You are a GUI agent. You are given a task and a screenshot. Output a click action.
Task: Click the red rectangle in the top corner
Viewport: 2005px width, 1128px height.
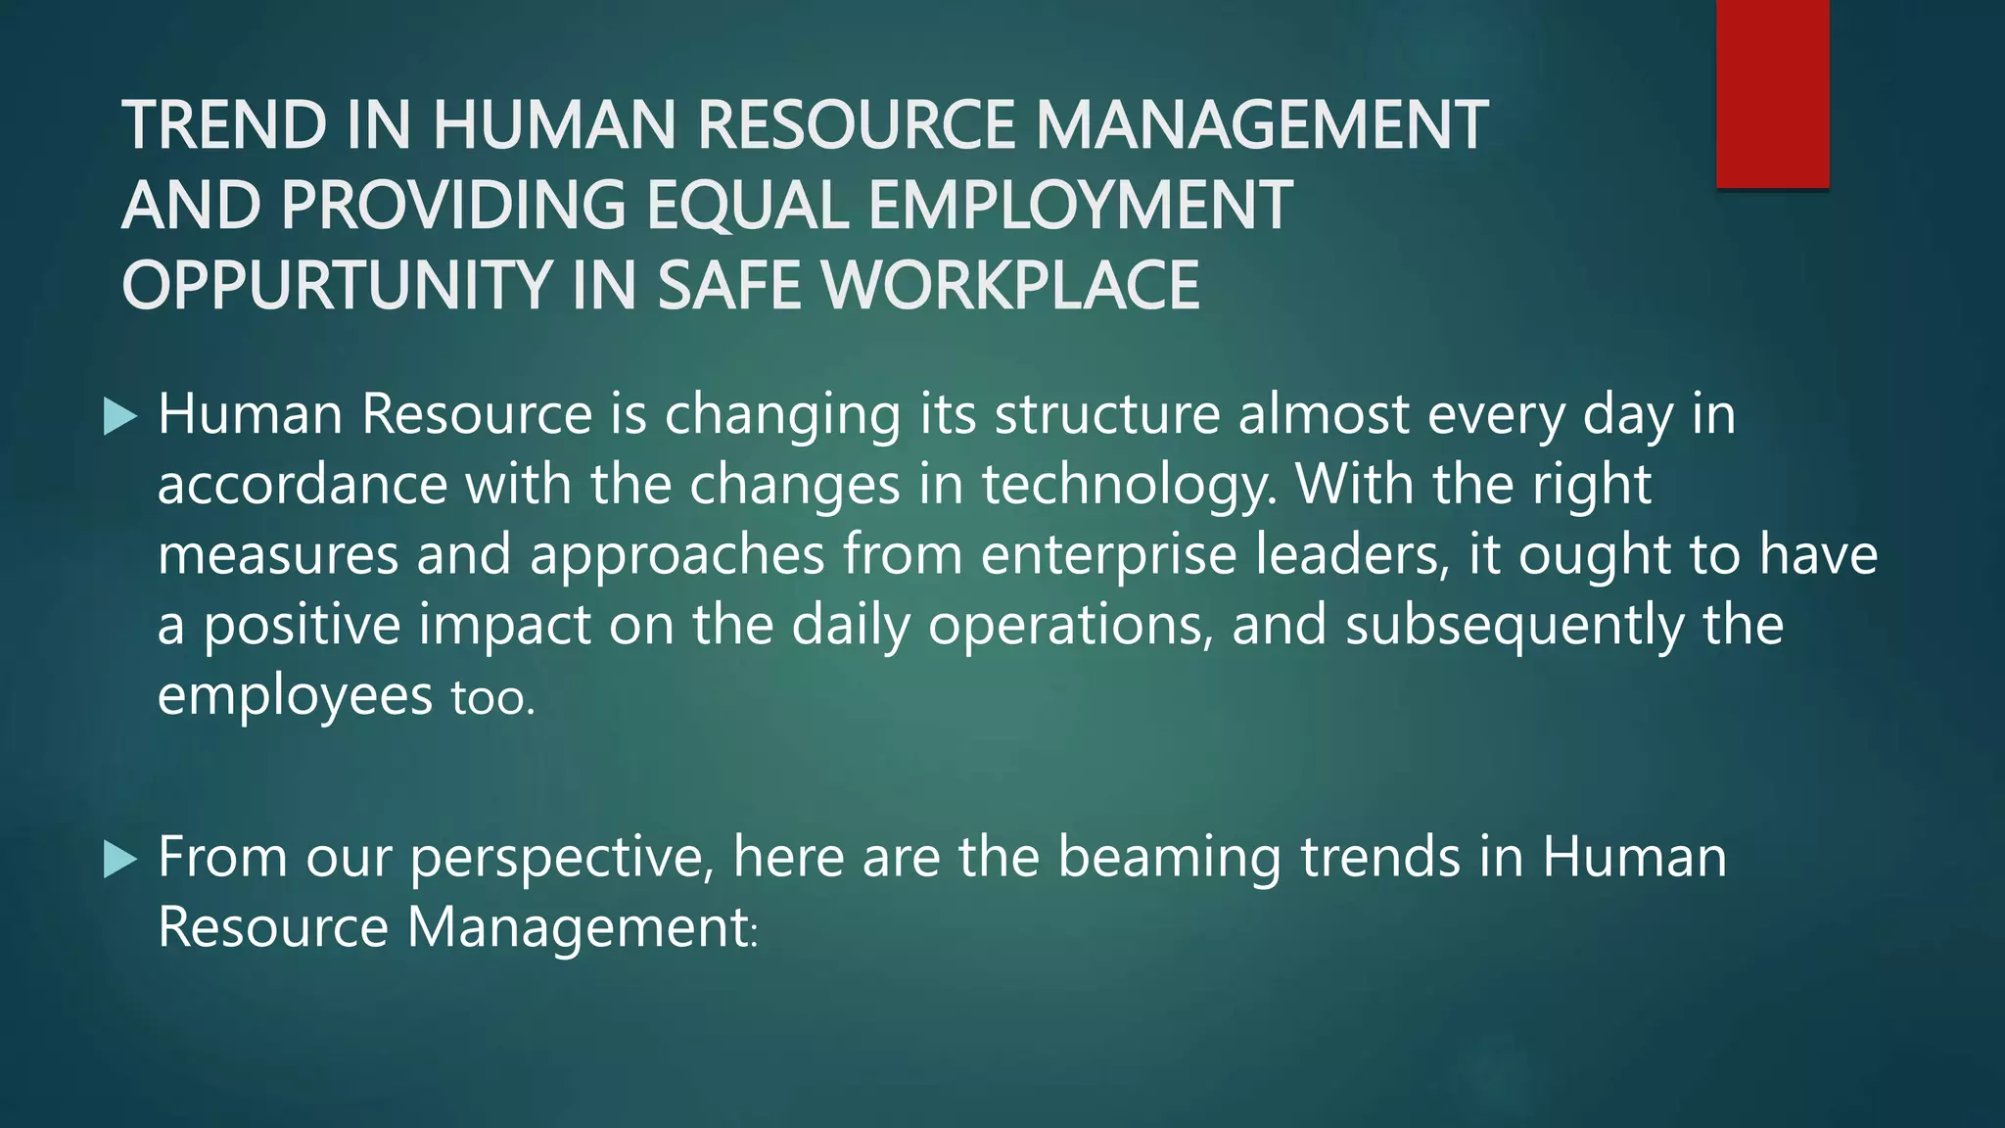point(1772,94)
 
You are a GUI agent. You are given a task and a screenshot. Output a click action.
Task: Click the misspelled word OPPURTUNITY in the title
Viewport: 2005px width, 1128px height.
point(333,286)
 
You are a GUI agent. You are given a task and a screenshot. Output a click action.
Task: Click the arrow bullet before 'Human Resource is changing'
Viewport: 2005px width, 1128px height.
point(119,417)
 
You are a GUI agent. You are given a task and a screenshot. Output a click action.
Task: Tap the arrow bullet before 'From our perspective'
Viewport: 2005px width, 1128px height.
point(119,860)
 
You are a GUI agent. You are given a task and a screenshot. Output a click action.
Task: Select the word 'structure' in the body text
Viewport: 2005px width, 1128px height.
point(1106,415)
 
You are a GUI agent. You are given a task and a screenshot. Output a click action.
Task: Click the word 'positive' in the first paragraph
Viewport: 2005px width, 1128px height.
point(302,627)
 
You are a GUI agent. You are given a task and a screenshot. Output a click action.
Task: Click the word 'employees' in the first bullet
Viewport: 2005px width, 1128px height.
point(295,697)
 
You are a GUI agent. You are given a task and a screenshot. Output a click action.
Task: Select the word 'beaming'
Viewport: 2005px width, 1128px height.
point(1169,858)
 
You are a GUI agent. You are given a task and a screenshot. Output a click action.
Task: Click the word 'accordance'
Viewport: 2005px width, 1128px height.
point(302,486)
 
